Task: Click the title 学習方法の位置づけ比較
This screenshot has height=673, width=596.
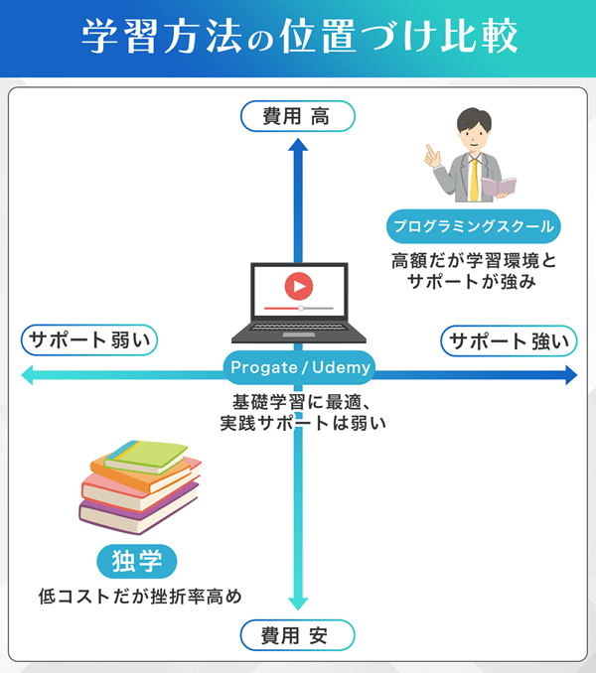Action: [x=298, y=39]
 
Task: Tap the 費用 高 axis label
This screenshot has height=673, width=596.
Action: [x=297, y=117]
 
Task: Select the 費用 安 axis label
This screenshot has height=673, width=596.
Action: [x=297, y=634]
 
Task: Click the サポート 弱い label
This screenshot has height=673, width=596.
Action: [x=89, y=341]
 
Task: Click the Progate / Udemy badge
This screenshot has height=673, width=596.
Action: [x=299, y=368]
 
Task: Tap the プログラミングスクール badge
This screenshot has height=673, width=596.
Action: [x=472, y=226]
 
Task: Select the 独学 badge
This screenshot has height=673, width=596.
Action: [x=137, y=561]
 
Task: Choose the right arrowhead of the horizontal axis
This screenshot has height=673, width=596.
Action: [x=570, y=375]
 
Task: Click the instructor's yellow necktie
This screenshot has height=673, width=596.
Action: [x=474, y=178]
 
